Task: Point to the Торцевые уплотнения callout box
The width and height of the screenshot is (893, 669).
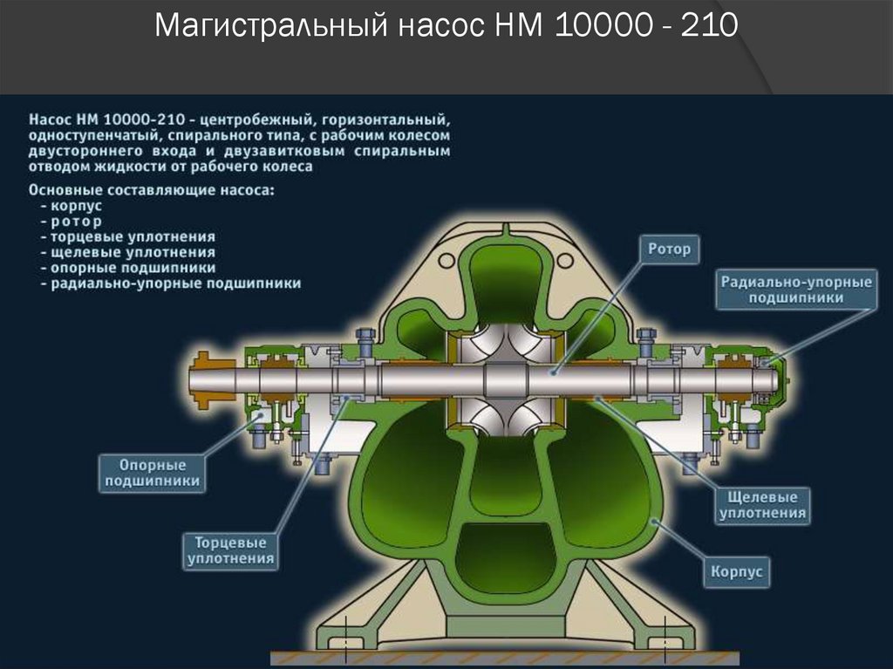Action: tap(229, 550)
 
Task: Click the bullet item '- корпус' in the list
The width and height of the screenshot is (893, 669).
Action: tap(72, 205)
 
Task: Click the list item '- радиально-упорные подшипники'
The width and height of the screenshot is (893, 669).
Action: tap(171, 283)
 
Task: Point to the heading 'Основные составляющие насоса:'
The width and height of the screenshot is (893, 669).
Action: tap(151, 189)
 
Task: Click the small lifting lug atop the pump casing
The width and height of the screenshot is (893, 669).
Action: tap(505, 232)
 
